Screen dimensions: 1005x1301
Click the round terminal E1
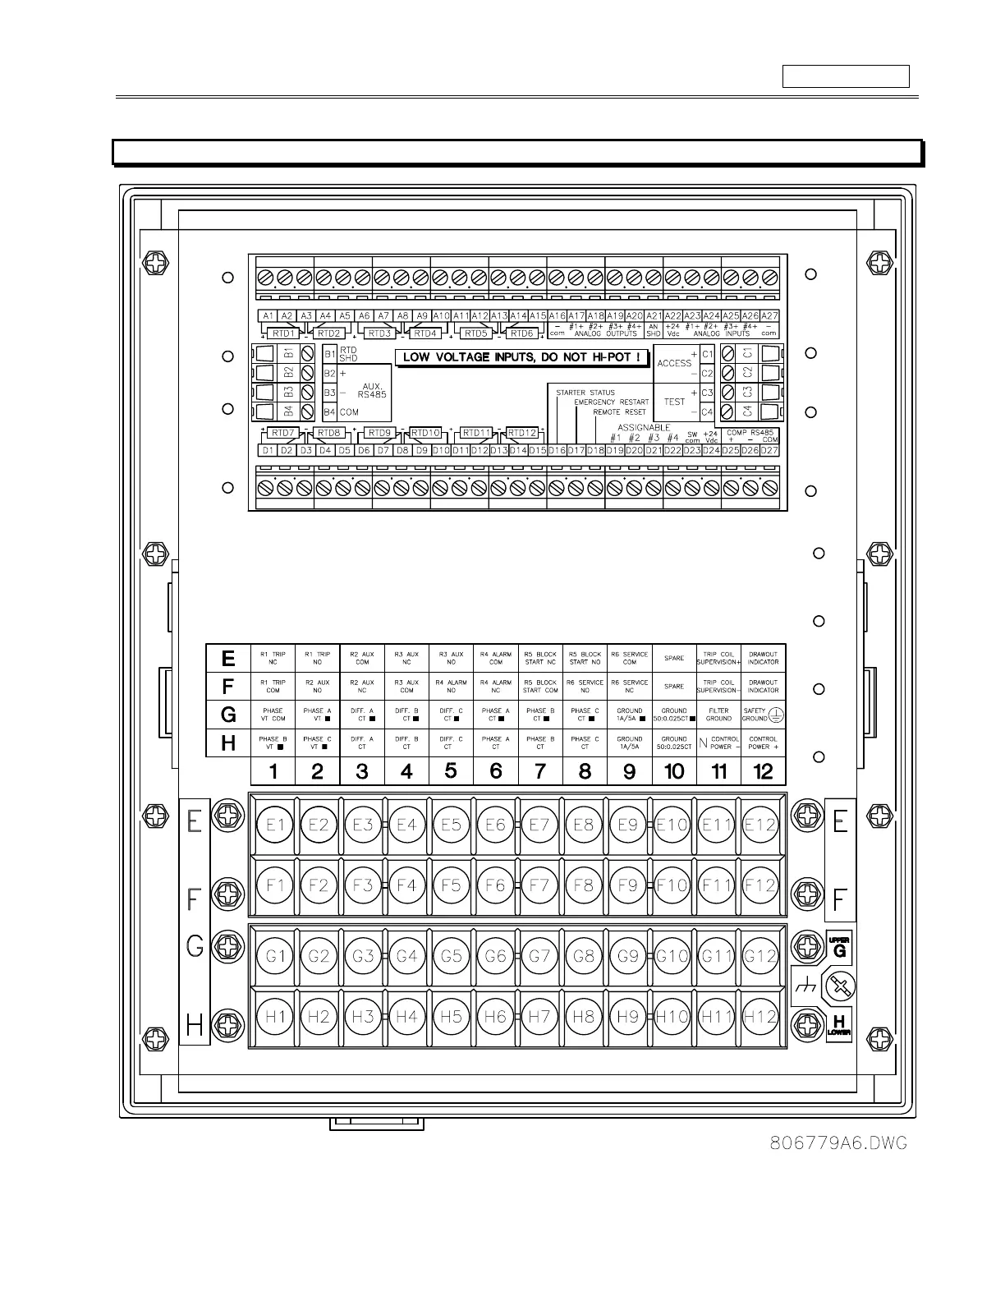click(274, 825)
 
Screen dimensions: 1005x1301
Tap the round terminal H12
click(759, 1017)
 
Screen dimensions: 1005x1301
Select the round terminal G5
click(451, 956)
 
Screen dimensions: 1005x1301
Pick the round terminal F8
click(583, 885)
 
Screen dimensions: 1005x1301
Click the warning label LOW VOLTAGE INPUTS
click(522, 358)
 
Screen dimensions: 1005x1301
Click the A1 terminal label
click(267, 316)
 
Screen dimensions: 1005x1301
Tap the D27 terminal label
click(769, 450)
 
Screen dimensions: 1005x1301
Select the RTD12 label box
click(522, 433)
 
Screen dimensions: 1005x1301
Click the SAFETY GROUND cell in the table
click(763, 715)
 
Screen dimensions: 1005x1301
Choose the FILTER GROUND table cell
click(718, 715)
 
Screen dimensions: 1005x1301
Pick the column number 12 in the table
click(763, 771)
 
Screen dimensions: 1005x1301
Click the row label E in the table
click(228, 659)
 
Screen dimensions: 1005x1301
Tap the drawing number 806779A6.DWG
click(839, 1143)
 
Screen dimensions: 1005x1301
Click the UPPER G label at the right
click(838, 947)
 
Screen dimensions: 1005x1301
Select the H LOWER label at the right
click(838, 1024)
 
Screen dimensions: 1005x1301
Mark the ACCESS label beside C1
click(674, 363)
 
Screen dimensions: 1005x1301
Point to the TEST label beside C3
click(674, 402)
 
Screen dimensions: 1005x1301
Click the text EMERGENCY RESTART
click(611, 402)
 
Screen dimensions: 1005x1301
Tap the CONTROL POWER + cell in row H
click(763, 743)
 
